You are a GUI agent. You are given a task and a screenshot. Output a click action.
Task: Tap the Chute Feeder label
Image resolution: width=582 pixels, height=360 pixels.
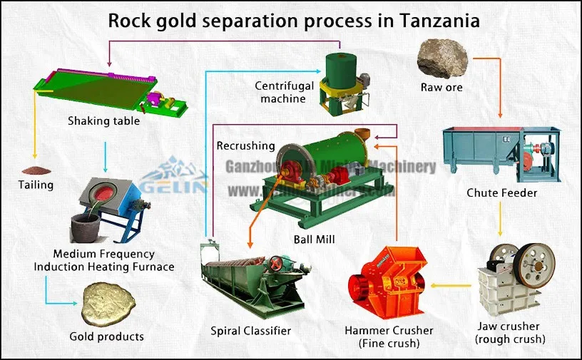tap(501, 193)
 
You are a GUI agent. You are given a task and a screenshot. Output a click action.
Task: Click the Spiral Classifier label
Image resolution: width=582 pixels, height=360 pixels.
tap(250, 331)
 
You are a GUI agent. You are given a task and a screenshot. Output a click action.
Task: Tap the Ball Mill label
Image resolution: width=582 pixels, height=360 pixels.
tap(314, 239)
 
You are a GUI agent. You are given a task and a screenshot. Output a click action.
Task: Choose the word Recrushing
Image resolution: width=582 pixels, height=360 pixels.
tap(245, 145)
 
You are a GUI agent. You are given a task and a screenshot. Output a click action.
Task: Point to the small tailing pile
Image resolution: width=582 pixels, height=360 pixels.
tap(36, 170)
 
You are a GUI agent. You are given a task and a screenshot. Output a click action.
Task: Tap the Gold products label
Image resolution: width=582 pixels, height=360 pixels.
tap(106, 336)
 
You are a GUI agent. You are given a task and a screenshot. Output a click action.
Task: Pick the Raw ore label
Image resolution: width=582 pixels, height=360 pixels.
tap(441, 88)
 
